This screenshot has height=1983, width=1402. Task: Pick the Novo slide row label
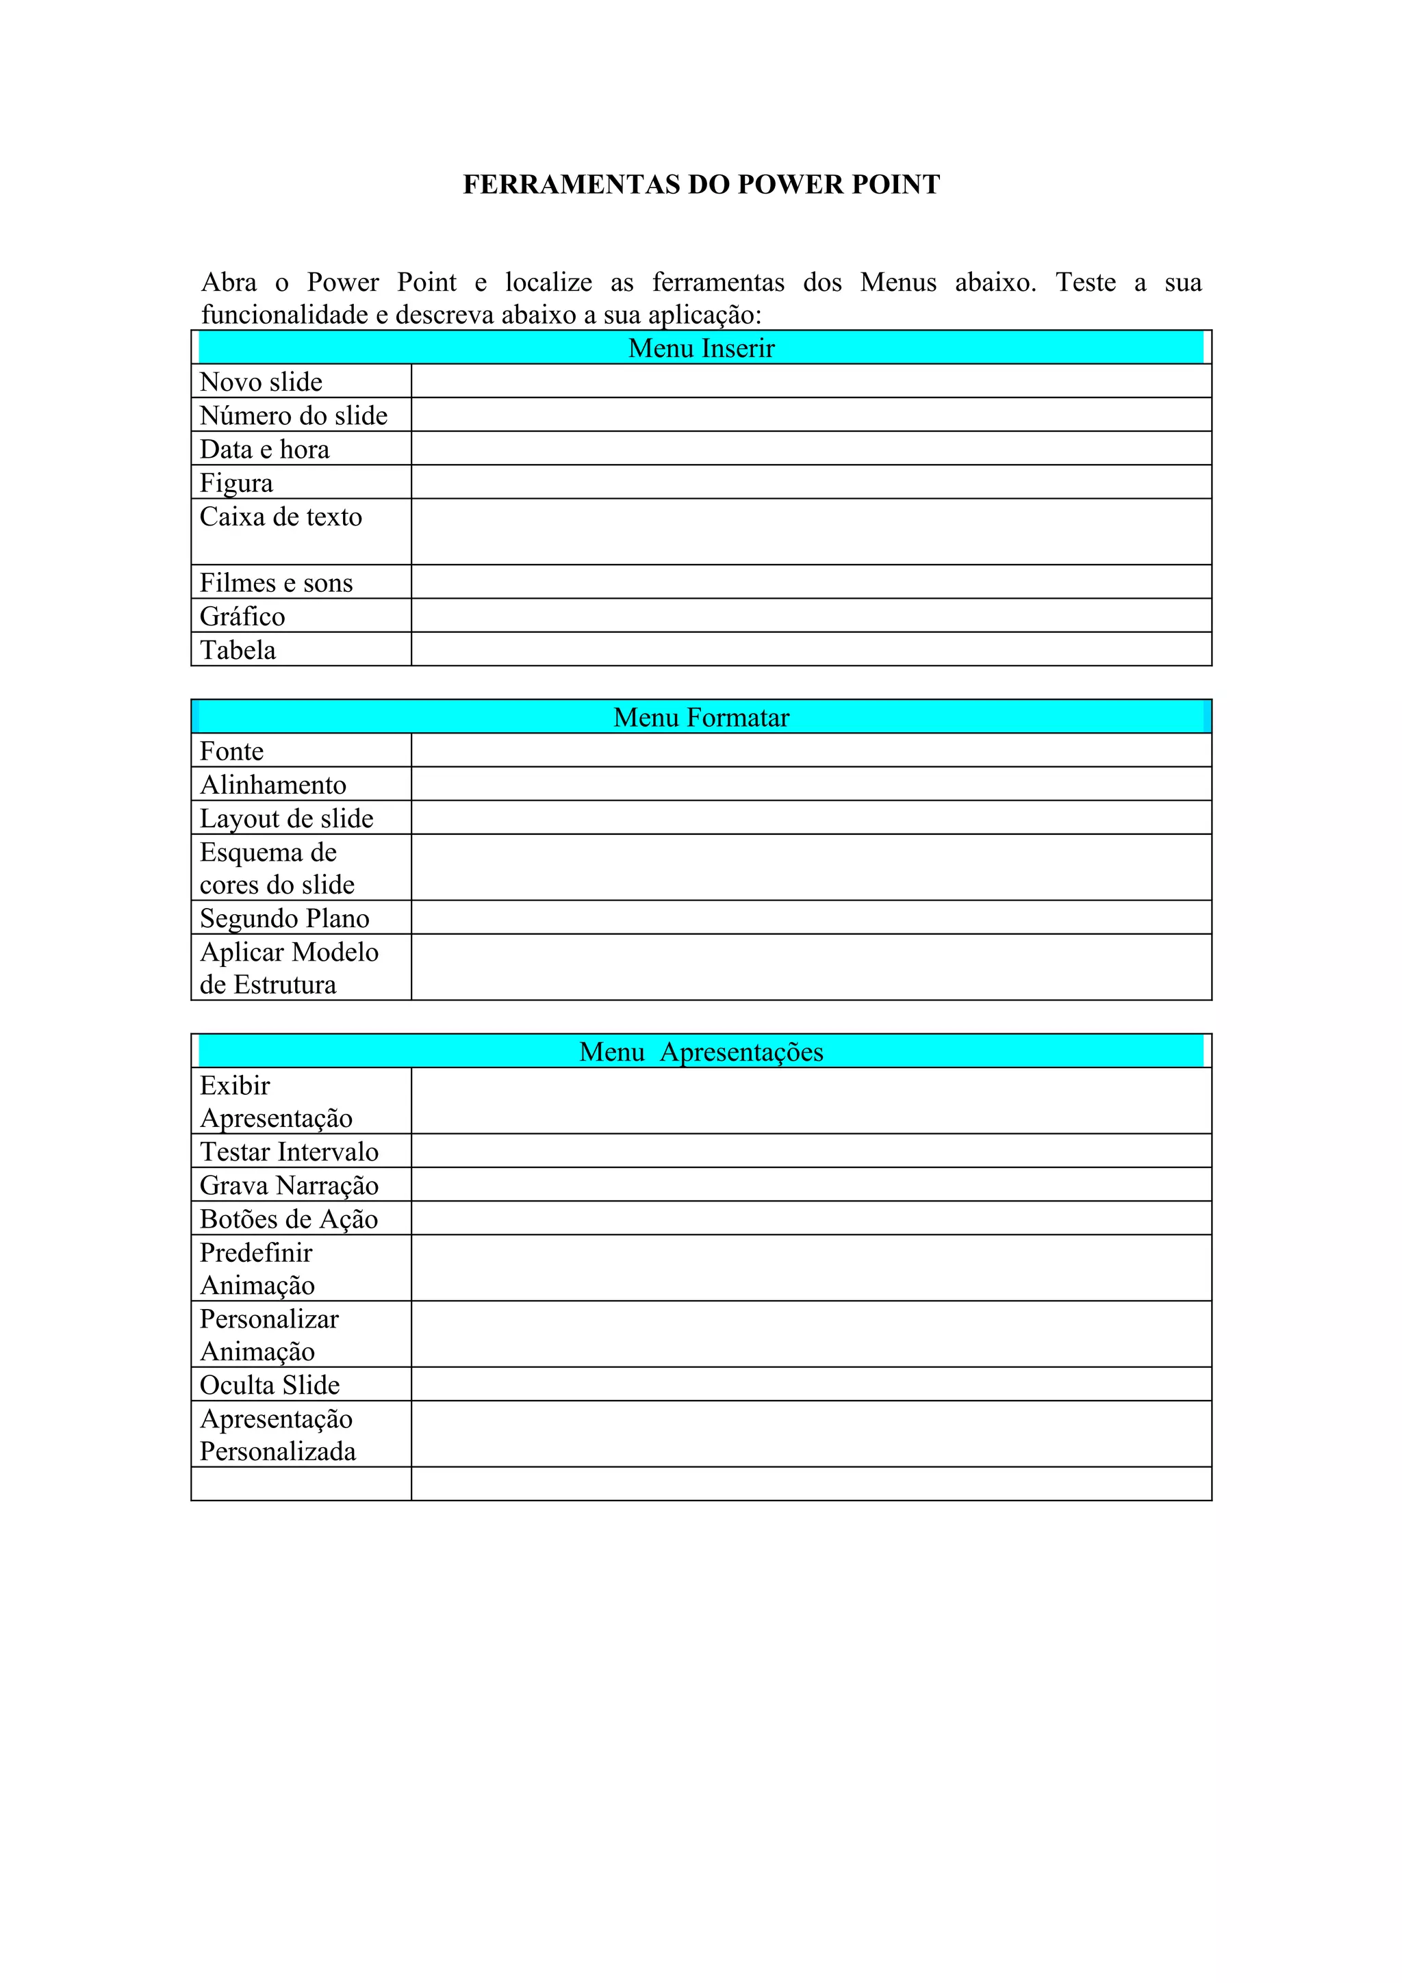pos(261,382)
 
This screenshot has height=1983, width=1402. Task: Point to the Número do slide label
pos(293,415)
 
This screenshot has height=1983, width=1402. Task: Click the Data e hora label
pos(264,449)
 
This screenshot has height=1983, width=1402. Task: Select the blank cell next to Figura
pos(811,482)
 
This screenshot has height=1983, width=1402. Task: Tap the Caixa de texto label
pos(281,517)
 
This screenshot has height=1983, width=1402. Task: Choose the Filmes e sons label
pos(276,583)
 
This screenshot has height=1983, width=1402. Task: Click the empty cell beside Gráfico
pos(811,616)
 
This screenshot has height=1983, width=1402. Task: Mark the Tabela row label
pos(238,649)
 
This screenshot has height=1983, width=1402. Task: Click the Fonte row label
pos(231,751)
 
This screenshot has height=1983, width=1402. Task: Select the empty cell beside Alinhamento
pos(811,784)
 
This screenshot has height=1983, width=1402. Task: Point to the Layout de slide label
pos(286,818)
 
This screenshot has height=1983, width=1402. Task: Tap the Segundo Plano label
pos(284,918)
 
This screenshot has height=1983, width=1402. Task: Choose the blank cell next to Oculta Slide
pos(811,1384)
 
